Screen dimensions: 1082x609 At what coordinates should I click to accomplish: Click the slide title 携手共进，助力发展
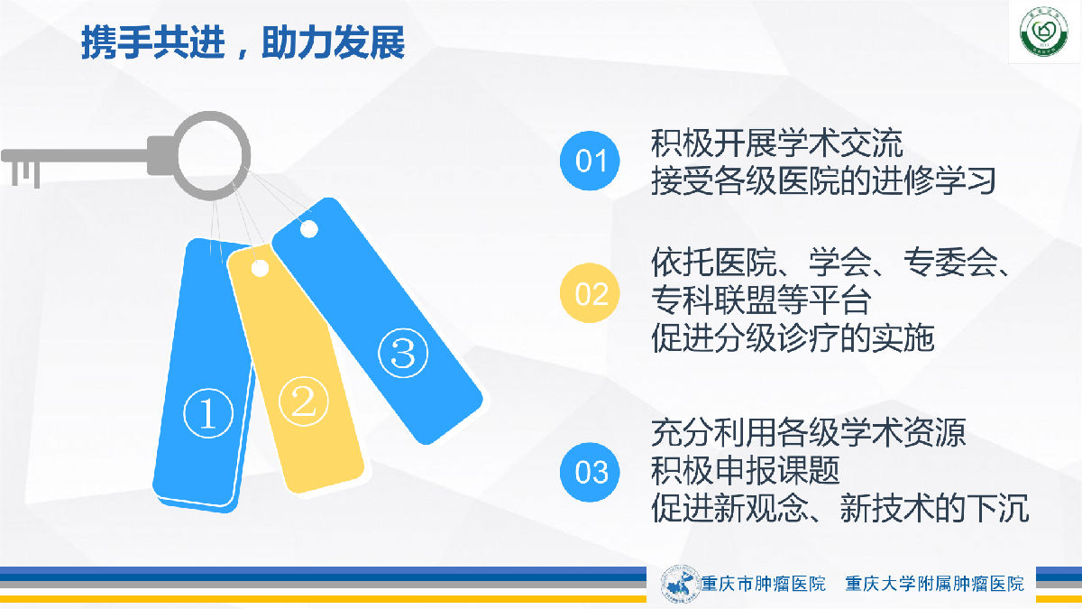click(243, 42)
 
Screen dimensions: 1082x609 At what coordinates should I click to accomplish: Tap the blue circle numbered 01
click(590, 161)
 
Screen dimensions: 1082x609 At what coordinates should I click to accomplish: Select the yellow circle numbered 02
click(590, 293)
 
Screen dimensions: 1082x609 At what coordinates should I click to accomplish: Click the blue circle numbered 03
click(590, 472)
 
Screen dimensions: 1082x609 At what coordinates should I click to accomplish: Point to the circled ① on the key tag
click(208, 413)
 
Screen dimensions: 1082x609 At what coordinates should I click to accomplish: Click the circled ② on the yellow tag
click(304, 401)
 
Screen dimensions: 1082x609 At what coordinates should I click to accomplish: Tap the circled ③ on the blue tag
click(403, 353)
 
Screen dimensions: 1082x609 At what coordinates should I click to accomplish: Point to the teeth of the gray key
click(25, 174)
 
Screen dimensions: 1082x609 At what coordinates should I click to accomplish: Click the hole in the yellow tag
click(260, 269)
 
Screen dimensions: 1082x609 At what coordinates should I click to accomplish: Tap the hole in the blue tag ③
click(309, 229)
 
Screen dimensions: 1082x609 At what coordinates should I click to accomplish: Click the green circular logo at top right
click(1044, 32)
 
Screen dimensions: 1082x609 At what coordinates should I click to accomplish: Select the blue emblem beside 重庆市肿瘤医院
click(681, 584)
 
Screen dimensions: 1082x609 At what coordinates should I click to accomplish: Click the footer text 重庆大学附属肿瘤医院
click(935, 584)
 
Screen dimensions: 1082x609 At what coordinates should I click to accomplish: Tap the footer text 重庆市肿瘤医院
click(763, 584)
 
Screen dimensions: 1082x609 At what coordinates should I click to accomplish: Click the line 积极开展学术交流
click(776, 143)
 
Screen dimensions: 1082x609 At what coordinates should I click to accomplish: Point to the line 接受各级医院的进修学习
click(823, 181)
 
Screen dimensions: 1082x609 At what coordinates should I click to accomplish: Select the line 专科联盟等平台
click(761, 300)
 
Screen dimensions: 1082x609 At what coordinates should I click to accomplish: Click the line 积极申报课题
click(746, 470)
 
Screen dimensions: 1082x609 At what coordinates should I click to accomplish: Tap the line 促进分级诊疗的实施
click(793, 337)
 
